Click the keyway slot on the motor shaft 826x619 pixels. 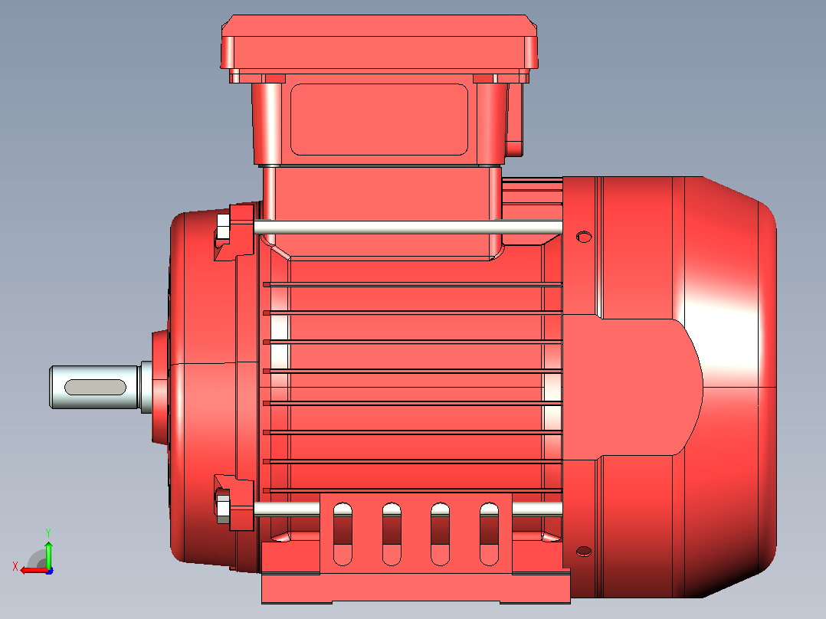pos(95,387)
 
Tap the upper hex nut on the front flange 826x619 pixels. pos(223,227)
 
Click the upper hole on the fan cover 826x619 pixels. pos(584,237)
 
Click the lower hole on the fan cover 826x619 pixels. pos(584,552)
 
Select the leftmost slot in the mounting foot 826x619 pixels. pos(343,534)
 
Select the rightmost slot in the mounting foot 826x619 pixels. pos(489,534)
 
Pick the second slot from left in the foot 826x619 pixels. pos(392,534)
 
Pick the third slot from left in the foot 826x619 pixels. pos(440,534)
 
